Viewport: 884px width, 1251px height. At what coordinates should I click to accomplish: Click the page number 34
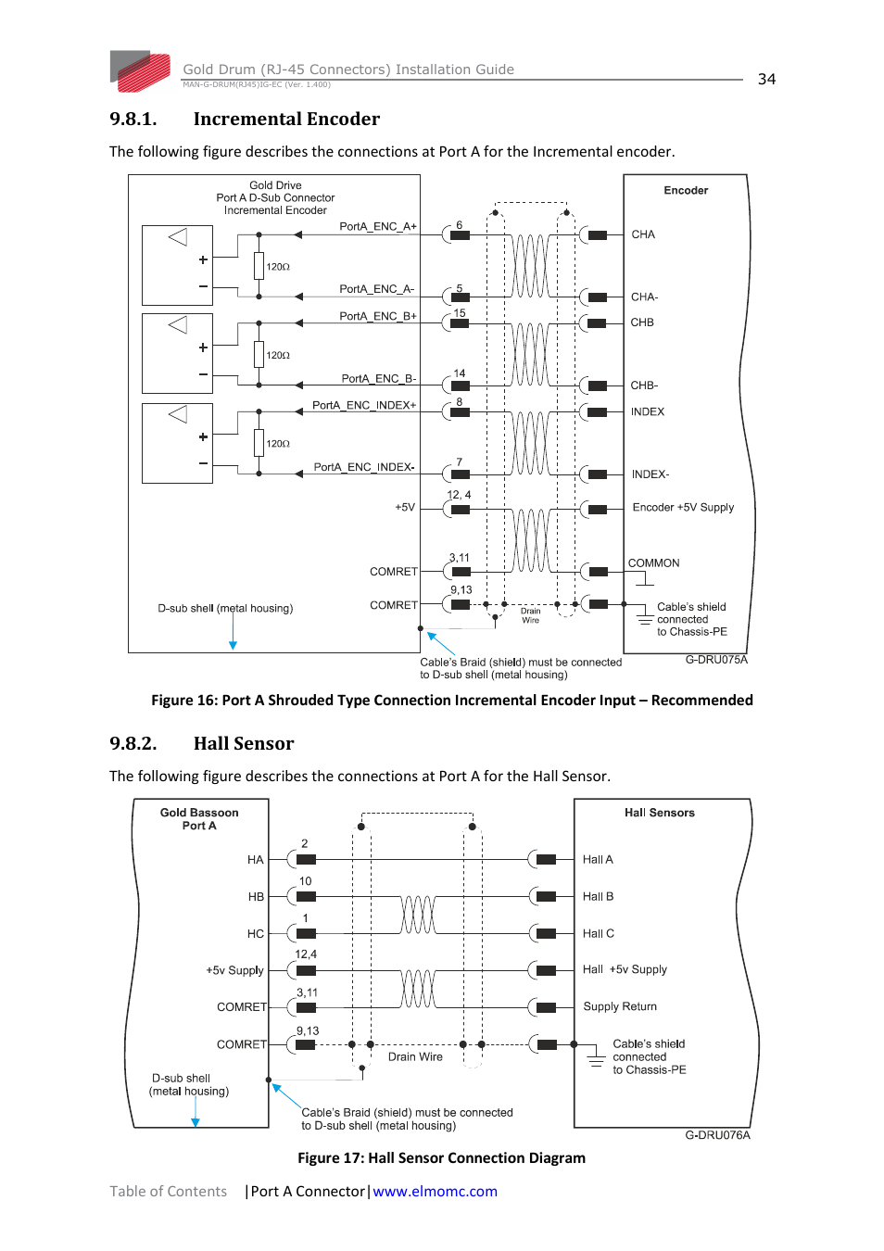coord(766,80)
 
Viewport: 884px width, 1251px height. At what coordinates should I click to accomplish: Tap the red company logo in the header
coord(141,71)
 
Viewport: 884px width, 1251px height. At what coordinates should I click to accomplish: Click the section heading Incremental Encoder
coord(286,119)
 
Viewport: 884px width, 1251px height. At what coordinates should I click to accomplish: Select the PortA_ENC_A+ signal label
coord(378,226)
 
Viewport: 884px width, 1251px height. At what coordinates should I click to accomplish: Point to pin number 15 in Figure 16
coord(460,313)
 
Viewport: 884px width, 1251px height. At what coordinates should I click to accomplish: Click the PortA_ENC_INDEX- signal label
coord(364,467)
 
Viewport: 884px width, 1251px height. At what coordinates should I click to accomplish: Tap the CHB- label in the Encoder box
coord(644,385)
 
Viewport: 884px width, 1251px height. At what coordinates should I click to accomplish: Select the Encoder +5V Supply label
coord(683,508)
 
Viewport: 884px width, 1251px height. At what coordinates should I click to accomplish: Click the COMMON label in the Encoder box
coord(653,563)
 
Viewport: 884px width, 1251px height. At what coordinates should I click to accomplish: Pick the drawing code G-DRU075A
coord(716,660)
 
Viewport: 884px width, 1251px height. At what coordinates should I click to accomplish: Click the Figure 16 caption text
coord(451,701)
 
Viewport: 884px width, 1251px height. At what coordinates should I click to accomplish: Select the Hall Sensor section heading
coord(243,743)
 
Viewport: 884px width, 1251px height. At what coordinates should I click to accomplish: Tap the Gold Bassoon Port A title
coord(199,819)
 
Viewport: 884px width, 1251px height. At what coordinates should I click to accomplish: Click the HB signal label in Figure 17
coord(256,897)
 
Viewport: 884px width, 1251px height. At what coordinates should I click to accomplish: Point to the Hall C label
coord(598,934)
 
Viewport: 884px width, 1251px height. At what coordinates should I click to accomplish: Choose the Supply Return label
coord(620,1006)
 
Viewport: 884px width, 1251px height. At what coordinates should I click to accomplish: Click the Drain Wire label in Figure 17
coord(415,1057)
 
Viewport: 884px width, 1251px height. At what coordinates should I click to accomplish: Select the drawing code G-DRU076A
coord(717,1135)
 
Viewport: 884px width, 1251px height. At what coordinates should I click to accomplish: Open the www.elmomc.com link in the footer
coord(435,1192)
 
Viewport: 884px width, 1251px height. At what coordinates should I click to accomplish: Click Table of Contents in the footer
coord(168,1192)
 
